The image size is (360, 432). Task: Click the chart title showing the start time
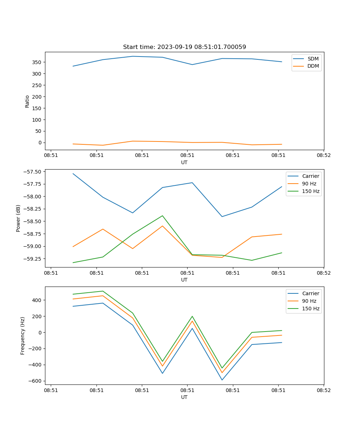(184, 47)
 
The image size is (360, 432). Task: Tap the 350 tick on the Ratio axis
(37, 62)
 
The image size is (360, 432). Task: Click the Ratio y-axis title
(27, 101)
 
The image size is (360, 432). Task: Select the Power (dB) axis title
(18, 218)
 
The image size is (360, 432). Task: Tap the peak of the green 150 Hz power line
(162, 216)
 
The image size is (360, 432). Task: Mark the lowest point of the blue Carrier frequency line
(222, 380)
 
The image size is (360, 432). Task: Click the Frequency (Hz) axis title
(23, 336)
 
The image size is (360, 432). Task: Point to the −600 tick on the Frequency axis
(36, 381)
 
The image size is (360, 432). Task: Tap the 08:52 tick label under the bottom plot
(324, 390)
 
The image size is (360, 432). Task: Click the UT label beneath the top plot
(184, 162)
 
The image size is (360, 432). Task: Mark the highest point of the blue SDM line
(132, 56)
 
